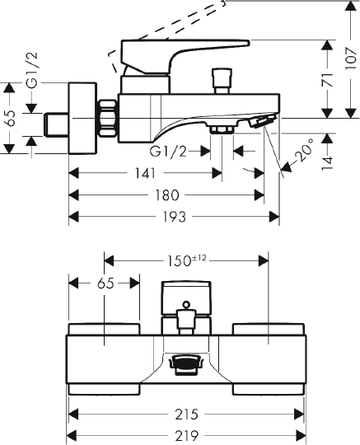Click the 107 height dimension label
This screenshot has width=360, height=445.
[x=351, y=59]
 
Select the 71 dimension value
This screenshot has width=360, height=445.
[x=328, y=80]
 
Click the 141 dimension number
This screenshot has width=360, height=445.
[x=145, y=173]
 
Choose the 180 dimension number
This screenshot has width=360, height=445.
[x=167, y=195]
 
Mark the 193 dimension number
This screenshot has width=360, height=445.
[x=174, y=217]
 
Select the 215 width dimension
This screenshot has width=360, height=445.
[x=186, y=415]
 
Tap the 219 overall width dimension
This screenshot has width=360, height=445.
[x=186, y=435]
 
